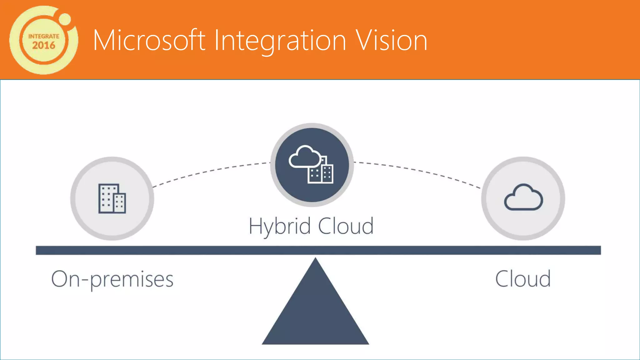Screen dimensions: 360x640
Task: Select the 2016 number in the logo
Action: [44, 46]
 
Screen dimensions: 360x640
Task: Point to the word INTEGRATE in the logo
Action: [44, 36]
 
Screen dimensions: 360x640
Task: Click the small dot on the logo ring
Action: [65, 19]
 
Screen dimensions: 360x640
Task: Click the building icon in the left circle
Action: [112, 199]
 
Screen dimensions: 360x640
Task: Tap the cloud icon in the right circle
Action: [523, 197]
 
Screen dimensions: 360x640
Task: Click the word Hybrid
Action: [280, 226]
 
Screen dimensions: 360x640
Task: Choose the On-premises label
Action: [112, 279]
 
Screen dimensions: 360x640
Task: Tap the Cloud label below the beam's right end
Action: [523, 279]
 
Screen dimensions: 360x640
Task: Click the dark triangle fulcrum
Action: [315, 312]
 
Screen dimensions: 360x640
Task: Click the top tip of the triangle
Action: [315, 259]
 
